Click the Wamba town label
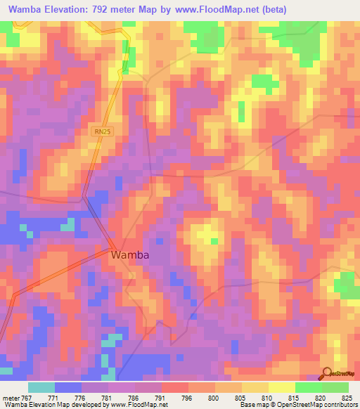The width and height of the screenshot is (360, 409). [130, 256]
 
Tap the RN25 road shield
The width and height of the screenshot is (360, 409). [101, 131]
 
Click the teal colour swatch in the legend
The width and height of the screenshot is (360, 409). [41, 387]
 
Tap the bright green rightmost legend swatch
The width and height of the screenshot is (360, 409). [335, 387]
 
